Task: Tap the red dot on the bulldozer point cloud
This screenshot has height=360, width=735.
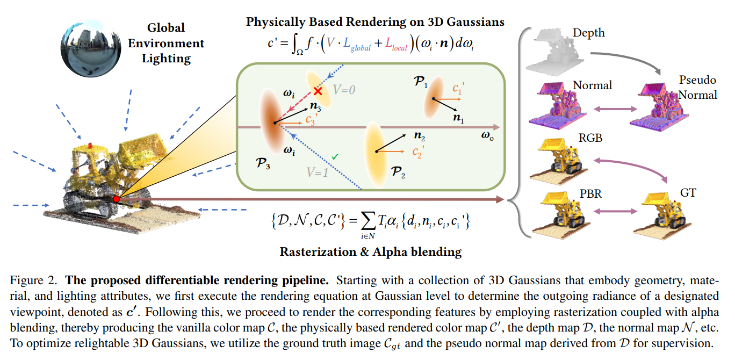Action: coord(117,199)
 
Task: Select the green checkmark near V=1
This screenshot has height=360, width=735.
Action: coord(335,156)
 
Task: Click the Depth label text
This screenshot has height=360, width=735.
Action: coord(588,33)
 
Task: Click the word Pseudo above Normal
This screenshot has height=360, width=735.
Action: coord(698,80)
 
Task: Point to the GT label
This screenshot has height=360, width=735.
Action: coord(688,192)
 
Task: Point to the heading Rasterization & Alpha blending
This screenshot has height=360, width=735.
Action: coord(371,251)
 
